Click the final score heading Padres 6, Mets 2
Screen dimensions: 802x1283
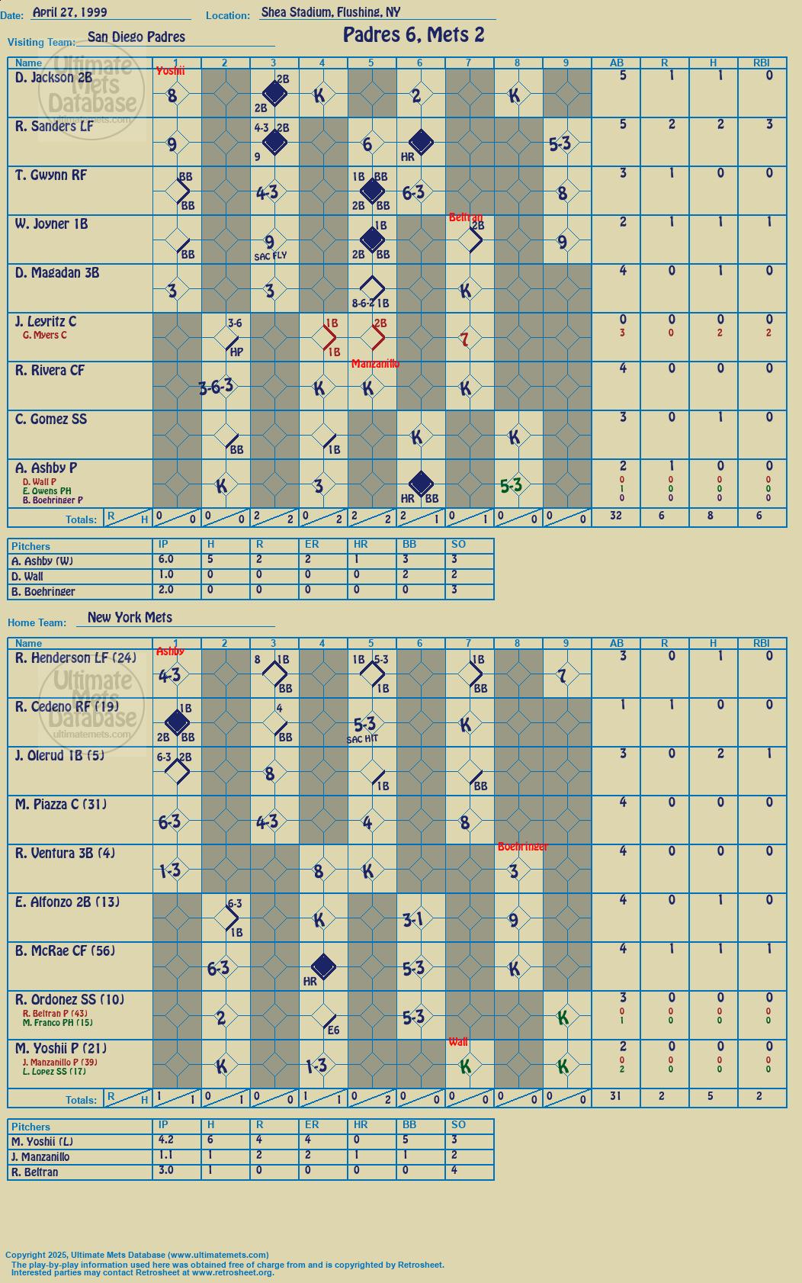(x=413, y=36)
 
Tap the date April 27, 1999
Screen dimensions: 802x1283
(x=69, y=12)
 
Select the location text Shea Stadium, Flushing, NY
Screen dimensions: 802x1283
(x=330, y=12)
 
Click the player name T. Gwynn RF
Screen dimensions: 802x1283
(x=51, y=175)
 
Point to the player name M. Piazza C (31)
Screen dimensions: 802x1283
(x=61, y=804)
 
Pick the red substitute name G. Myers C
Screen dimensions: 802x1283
(x=45, y=335)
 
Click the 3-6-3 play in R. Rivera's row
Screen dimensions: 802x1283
(x=216, y=387)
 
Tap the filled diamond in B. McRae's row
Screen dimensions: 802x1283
(x=323, y=967)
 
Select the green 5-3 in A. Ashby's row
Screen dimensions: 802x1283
(x=511, y=486)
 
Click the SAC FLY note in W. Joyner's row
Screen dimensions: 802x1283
(x=270, y=256)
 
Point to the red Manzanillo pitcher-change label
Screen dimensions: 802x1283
(x=376, y=364)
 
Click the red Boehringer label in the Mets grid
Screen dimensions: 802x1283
(x=523, y=846)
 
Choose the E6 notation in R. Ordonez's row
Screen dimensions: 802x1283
(x=333, y=1030)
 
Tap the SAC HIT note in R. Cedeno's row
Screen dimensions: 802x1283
(x=362, y=739)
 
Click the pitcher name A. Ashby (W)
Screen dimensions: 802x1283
(x=43, y=561)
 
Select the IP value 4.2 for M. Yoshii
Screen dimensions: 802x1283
(x=165, y=1140)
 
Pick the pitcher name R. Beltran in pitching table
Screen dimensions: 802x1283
(x=35, y=1172)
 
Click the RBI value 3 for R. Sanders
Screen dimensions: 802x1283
(x=769, y=124)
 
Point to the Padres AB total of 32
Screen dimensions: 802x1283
(x=616, y=515)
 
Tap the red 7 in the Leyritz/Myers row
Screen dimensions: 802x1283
(x=465, y=339)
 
